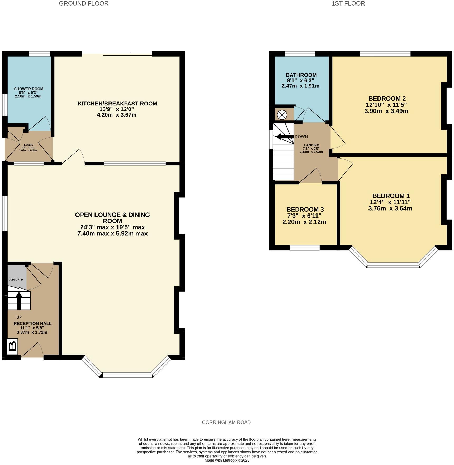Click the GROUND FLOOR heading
pos(83,3)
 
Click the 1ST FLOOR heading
pos(348,3)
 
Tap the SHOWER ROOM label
pos(29,89)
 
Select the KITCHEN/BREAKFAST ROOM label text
pos(117,104)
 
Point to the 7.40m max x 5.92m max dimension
pos(112,234)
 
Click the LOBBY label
pos(29,145)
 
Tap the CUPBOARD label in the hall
pos(16,280)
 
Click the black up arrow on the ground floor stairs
pos(19,300)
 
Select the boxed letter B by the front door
pos(12,346)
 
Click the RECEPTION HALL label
pos(32,323)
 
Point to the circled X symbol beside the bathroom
pos(282,115)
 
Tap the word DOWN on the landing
pos(301,137)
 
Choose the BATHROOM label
pos(301,75)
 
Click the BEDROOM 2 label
pos(387,99)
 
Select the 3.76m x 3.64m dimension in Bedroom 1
pos(390,208)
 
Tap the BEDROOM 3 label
pos(305,210)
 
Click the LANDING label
pos(311,145)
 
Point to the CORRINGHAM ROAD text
pos(226,422)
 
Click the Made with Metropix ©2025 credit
pos(227,460)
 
